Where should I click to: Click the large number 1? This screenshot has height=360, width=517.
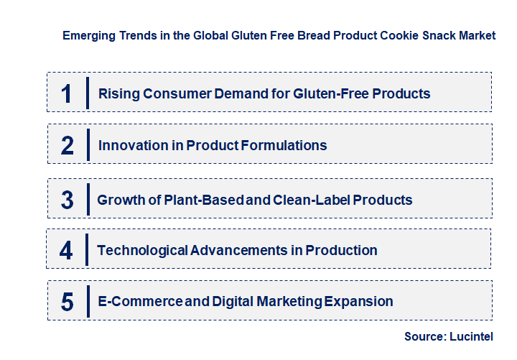point(67,93)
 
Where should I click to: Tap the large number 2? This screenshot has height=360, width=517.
point(67,145)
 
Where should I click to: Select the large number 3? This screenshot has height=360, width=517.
point(67,200)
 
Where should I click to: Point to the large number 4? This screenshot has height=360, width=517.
point(67,250)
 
